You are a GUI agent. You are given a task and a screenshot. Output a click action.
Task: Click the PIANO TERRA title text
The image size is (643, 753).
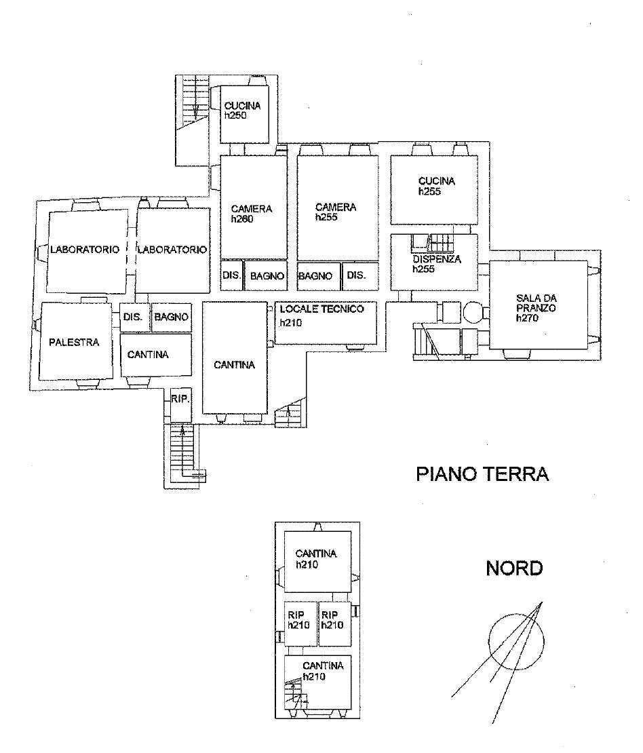[482, 474]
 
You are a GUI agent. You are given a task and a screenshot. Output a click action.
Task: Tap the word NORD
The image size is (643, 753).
[514, 568]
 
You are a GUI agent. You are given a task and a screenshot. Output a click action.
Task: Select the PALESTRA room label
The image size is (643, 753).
[74, 342]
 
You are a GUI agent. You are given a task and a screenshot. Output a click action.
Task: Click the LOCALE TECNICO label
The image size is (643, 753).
[321, 309]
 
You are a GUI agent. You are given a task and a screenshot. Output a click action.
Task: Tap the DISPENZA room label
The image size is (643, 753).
[437, 259]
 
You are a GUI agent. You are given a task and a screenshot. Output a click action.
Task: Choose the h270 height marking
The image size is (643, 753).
[527, 318]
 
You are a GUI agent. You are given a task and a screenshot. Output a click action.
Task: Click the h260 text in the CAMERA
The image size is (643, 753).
[242, 219]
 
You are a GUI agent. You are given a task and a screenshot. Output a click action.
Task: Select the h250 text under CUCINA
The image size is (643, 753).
[235, 115]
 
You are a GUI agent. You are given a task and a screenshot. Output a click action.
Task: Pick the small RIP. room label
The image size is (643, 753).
[180, 399]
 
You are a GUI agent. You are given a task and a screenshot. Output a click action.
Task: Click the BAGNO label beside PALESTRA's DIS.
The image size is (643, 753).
[172, 317]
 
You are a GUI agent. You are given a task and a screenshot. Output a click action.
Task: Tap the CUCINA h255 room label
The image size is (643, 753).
[437, 186]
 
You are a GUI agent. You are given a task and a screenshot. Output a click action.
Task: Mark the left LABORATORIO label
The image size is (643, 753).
[85, 250]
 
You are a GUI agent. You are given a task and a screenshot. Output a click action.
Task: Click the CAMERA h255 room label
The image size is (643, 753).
[336, 212]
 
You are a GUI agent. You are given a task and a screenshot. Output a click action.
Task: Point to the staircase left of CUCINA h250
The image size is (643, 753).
[193, 102]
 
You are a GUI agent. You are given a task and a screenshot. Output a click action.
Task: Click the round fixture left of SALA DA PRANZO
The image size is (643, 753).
[473, 311]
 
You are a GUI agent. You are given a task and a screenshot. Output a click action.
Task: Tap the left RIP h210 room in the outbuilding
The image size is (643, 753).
[300, 624]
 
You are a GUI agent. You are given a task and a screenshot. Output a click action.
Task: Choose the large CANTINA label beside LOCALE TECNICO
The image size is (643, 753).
[234, 365]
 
